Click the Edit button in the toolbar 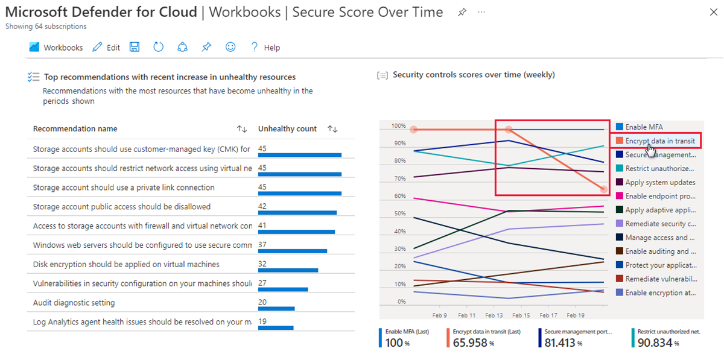click(x=106, y=48)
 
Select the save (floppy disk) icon click(x=135, y=47)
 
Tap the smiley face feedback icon click(x=230, y=47)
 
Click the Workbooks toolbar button click(x=56, y=48)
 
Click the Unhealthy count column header click(x=287, y=128)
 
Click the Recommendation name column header click(x=75, y=128)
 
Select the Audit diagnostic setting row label click(x=74, y=303)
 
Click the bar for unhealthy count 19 click(x=276, y=328)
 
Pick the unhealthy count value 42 click(x=262, y=206)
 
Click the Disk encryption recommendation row click(x=126, y=264)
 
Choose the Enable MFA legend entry click(x=643, y=127)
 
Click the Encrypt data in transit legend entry click(x=659, y=141)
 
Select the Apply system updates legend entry click(x=660, y=182)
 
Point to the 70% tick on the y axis click(x=398, y=178)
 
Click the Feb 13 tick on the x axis click(x=494, y=315)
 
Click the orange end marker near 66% click(x=604, y=189)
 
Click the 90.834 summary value click(x=653, y=343)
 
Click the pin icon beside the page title click(x=462, y=12)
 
